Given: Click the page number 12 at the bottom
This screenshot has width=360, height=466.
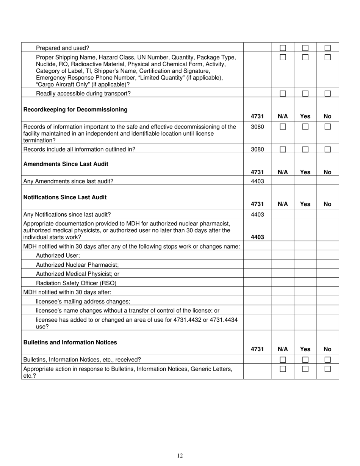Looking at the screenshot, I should [180, 455].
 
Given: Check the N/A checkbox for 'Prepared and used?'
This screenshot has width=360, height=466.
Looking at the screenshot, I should [283, 48].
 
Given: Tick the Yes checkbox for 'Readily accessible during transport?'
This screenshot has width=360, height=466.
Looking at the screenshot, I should [305, 94].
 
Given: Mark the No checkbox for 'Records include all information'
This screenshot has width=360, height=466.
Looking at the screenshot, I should [327, 149].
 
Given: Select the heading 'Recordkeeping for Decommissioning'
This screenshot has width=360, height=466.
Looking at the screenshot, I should [75, 109].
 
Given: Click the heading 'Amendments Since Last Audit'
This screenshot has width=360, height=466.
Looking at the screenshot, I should [66, 164].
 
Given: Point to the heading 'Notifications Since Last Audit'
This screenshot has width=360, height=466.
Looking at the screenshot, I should [65, 197].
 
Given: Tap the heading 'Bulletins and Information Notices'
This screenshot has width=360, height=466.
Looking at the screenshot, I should [70, 342].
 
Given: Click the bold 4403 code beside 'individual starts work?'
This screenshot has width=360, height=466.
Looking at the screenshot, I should [257, 237].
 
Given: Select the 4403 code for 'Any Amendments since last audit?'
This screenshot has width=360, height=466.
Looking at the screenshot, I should [257, 181].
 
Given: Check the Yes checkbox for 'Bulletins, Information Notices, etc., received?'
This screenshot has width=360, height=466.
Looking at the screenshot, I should [305, 360].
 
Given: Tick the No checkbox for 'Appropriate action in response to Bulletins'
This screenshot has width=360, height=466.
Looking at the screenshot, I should [327, 369].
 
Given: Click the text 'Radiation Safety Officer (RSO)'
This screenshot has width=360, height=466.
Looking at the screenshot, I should [76, 283].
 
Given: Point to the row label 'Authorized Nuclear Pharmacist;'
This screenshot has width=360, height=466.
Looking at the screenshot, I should [77, 265].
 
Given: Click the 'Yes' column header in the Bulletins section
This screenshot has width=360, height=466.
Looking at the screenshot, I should [305, 349].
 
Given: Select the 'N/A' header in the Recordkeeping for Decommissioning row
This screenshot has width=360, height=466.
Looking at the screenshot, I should [283, 116].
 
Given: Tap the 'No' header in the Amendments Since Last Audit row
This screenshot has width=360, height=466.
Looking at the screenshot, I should [327, 172].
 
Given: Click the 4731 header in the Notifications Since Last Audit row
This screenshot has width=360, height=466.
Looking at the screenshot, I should [257, 204].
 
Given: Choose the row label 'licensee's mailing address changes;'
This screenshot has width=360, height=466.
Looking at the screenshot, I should [83, 302].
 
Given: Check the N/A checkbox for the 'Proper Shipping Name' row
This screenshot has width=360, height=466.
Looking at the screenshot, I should [283, 58].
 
